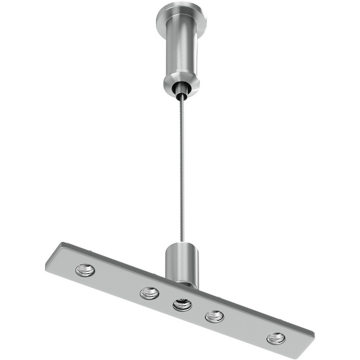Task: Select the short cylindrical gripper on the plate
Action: [x=182, y=261]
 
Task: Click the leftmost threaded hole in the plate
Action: [x=85, y=270]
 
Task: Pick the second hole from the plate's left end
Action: [x=149, y=293]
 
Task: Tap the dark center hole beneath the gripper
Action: [x=182, y=305]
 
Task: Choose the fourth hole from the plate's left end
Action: [x=214, y=316]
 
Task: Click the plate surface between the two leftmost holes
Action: [x=117, y=281]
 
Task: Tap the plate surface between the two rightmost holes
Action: [x=245, y=327]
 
